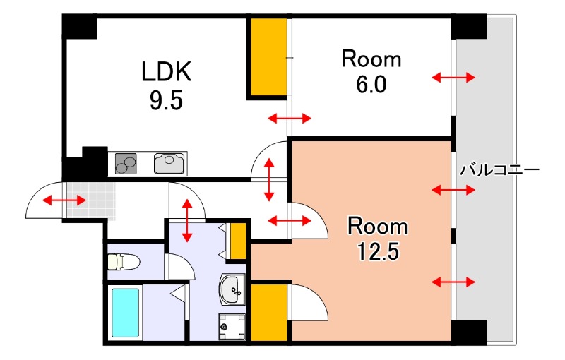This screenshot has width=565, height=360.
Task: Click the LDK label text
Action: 166,71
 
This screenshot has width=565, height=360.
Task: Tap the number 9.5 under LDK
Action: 166,100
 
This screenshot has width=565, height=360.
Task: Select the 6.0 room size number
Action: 371,85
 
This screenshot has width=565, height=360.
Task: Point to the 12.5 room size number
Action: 378,251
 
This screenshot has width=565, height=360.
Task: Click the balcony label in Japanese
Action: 499,169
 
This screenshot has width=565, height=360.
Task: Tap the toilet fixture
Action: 124,262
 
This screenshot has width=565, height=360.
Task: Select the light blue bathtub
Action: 125,313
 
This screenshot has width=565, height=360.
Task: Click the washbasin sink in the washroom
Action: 232,289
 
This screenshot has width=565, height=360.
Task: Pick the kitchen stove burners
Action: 126,164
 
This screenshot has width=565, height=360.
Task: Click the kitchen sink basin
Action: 169,164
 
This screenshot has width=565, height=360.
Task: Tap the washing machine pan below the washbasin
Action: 232,327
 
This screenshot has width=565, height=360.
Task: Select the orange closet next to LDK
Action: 268,56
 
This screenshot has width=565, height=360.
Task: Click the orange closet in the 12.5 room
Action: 269,313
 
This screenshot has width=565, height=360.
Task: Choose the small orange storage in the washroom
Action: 238,241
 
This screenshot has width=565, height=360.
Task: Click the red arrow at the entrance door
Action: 64,200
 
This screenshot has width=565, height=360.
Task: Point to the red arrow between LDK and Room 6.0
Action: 290,118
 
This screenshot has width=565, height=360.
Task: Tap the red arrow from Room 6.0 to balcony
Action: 453,77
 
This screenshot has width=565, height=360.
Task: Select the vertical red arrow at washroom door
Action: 186,220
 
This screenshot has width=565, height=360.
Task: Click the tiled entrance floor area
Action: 90,201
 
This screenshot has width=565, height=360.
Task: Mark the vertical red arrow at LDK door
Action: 269,179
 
